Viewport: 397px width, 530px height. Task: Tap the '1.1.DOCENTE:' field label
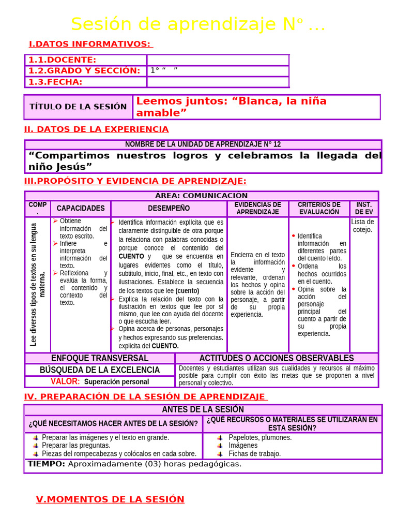(62, 60)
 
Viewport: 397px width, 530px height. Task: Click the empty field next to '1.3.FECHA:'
(218, 82)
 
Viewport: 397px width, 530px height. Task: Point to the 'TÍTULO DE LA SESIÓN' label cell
(78, 107)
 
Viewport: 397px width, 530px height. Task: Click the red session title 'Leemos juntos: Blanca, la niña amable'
(231, 107)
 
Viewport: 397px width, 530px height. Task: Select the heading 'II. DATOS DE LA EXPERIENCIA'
(97, 129)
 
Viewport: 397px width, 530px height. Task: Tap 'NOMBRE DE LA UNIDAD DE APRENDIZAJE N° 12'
(203, 144)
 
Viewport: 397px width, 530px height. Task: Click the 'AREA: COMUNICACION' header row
(202, 196)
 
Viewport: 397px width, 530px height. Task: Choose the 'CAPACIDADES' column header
(81, 208)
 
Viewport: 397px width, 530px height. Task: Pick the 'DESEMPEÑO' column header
(169, 208)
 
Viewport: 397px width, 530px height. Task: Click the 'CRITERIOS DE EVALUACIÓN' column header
(319, 208)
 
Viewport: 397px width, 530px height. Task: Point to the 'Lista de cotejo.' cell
(362, 226)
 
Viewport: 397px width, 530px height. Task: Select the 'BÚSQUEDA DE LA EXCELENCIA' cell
(100, 370)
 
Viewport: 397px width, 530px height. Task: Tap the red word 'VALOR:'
(65, 381)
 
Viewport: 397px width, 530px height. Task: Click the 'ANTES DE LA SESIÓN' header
(203, 409)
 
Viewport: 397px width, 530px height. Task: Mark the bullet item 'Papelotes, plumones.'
(260, 437)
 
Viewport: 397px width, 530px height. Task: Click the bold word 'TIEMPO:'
(47, 464)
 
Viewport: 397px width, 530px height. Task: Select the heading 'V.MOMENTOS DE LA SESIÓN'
(110, 499)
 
